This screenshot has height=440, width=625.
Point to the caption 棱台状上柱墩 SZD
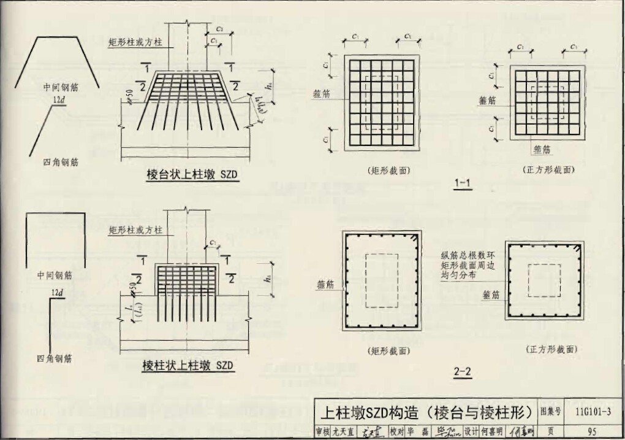[x=191, y=174]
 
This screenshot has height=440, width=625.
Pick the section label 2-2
[x=463, y=371]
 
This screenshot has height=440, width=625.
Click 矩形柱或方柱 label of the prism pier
[x=135, y=231]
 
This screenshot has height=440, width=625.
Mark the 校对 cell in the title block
[x=397, y=431]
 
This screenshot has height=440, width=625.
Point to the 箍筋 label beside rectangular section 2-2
[x=328, y=285]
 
